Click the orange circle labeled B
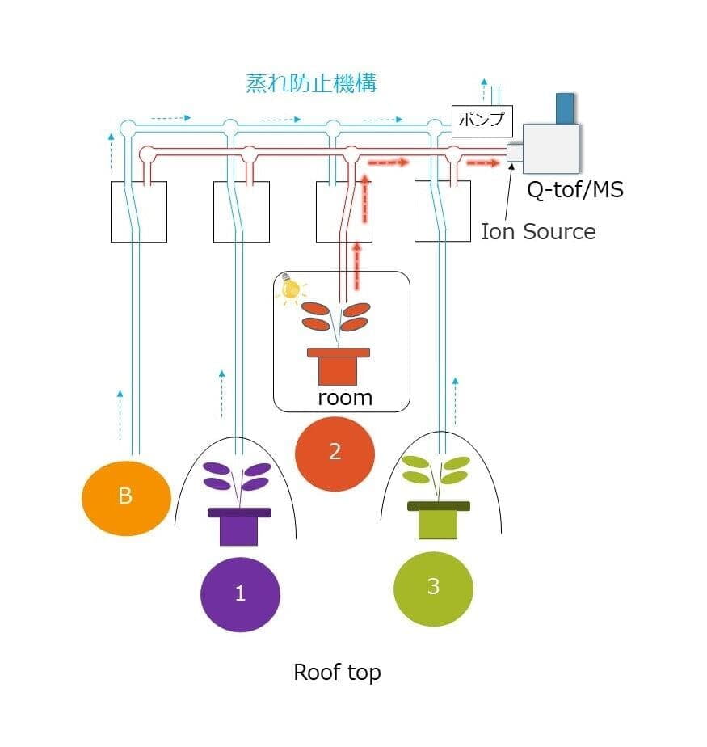[126, 496]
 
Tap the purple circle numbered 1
[240, 593]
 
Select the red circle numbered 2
[335, 452]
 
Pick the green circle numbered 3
[433, 587]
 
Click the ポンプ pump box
[481, 120]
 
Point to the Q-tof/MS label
[574, 191]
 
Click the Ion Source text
[538, 232]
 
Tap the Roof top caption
[337, 672]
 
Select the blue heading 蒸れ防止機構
[311, 83]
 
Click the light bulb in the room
[289, 288]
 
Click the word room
[344, 397]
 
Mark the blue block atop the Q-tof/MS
[565, 108]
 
